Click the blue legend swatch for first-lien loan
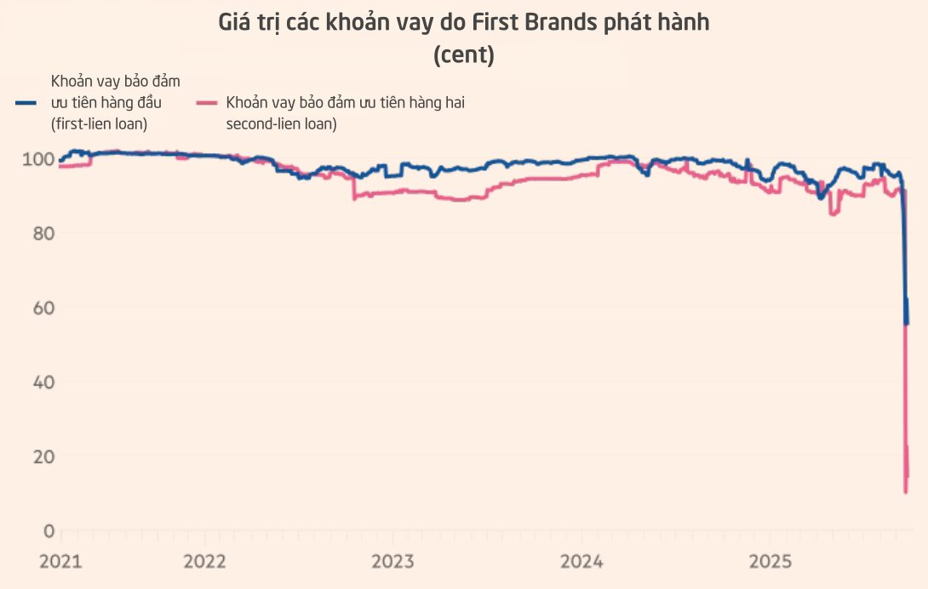(x=26, y=103)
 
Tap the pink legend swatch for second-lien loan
(x=207, y=103)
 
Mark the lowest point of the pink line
(x=905, y=491)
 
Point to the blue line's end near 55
(x=907, y=323)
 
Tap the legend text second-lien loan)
(x=281, y=123)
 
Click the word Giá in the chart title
(x=235, y=23)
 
